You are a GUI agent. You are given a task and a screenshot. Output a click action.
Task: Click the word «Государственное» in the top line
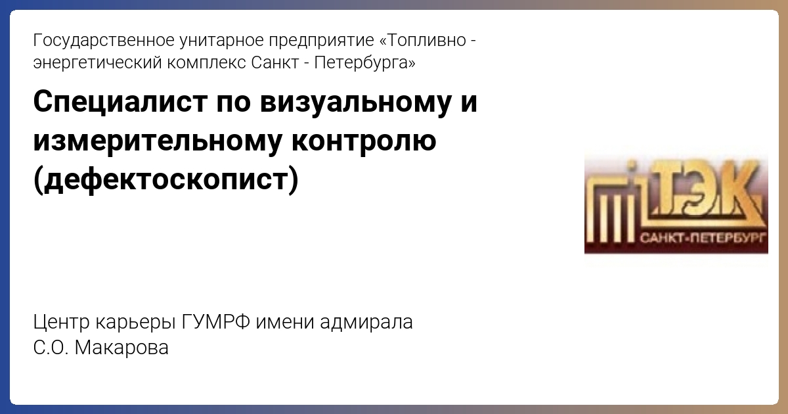(104, 41)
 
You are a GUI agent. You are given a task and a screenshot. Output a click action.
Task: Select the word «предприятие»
(321, 41)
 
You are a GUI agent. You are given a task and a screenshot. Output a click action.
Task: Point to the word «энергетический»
(97, 63)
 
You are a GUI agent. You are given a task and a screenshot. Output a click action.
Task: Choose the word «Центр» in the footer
(62, 323)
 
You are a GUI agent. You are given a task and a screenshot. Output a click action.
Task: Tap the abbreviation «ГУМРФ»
(216, 322)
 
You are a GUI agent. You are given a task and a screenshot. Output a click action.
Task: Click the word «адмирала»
(366, 322)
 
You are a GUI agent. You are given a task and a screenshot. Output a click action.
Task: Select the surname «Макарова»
(121, 348)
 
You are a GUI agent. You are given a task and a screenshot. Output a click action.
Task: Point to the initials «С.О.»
(51, 348)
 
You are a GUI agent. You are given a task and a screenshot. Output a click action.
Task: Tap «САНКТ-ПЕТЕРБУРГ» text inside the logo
(702, 239)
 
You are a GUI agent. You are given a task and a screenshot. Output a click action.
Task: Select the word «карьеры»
(135, 323)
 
